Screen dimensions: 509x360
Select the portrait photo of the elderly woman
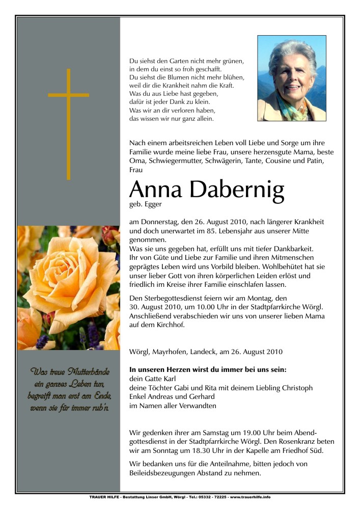(x=291, y=78)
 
